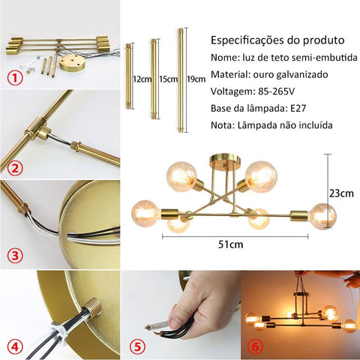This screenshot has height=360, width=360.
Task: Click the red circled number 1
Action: tap(15, 78)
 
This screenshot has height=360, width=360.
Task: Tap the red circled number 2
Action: tap(15, 168)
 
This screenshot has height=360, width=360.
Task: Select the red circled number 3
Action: tap(15, 256)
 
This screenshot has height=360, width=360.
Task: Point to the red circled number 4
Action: tap(15, 346)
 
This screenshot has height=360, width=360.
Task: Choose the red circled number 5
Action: tap(137, 346)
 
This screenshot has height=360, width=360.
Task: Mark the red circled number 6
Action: tap(255, 346)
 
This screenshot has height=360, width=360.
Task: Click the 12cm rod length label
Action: tap(142, 79)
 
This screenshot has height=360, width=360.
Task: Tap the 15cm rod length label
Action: tap(169, 79)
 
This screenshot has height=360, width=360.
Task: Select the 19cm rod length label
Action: tap(196, 79)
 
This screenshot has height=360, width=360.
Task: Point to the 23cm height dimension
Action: tap(341, 193)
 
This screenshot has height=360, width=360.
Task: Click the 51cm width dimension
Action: tap(230, 244)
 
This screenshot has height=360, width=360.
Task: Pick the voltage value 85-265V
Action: tap(276, 91)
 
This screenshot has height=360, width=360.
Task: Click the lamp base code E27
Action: tap(298, 108)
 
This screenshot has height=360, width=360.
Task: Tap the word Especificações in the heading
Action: tap(247, 40)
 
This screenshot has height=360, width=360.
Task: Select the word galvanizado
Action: tap(302, 75)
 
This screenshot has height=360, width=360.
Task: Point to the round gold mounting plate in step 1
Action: tap(72, 62)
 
